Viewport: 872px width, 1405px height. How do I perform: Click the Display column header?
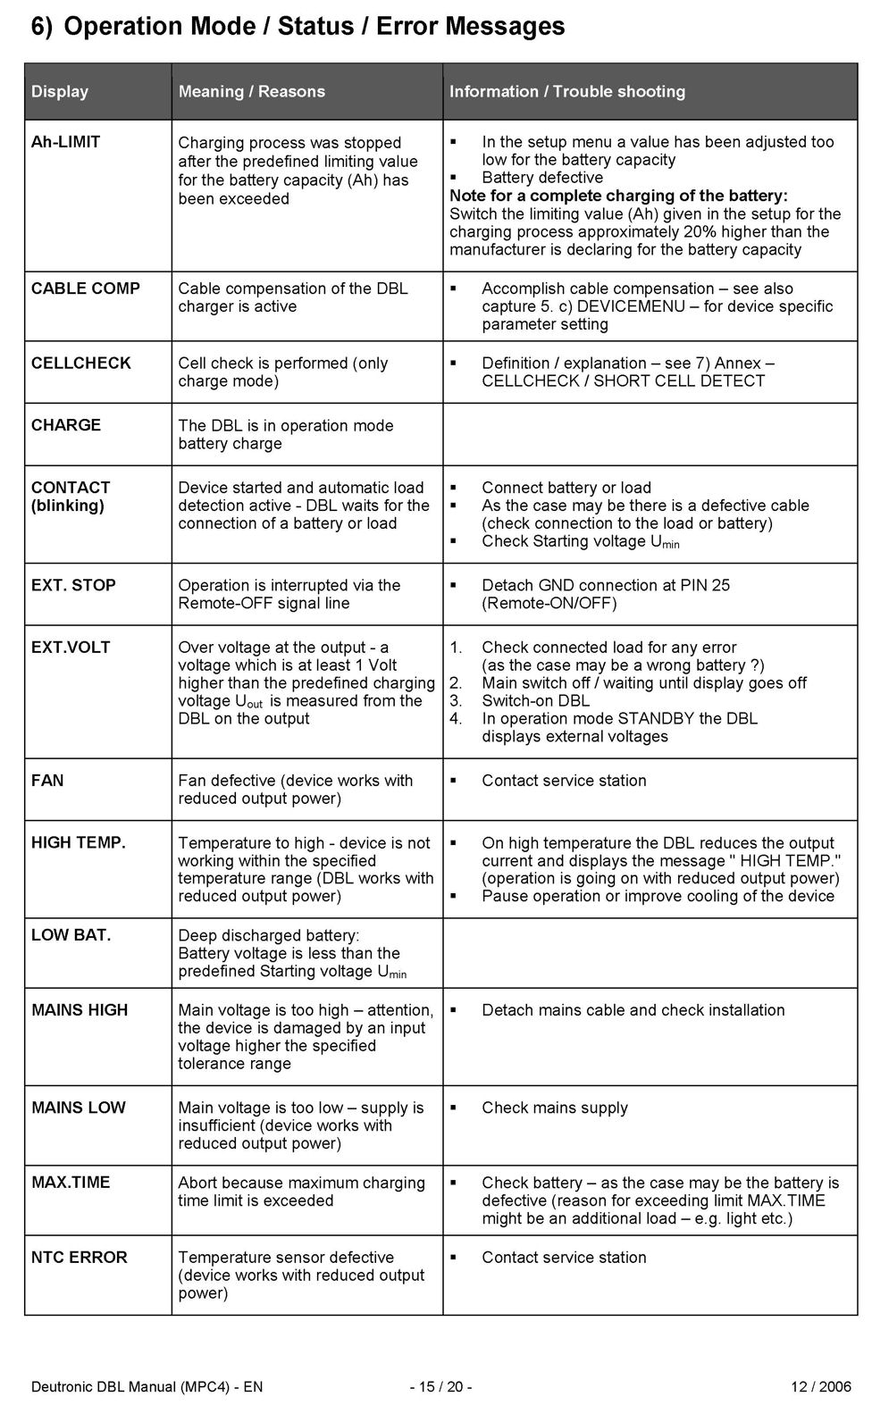60,91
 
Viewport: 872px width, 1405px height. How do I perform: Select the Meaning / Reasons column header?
251,91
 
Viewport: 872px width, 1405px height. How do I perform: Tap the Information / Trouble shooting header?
566,91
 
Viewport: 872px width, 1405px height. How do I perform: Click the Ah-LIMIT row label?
65,142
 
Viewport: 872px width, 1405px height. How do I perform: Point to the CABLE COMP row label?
86,289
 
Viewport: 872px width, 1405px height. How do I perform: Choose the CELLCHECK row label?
81,364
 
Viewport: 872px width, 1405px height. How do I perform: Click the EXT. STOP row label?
73,586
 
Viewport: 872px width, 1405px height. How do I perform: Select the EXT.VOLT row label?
71,648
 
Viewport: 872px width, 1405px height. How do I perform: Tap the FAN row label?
47,781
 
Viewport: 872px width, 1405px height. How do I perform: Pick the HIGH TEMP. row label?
79,843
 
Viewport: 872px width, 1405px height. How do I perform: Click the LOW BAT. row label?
71,935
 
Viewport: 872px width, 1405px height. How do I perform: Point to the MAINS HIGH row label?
80,1010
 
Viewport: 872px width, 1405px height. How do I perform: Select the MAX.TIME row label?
71,1183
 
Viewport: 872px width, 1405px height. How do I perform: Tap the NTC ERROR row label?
80,1258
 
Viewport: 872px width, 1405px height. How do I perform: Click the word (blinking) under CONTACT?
68,506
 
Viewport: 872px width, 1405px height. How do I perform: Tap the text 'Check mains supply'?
554,1108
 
